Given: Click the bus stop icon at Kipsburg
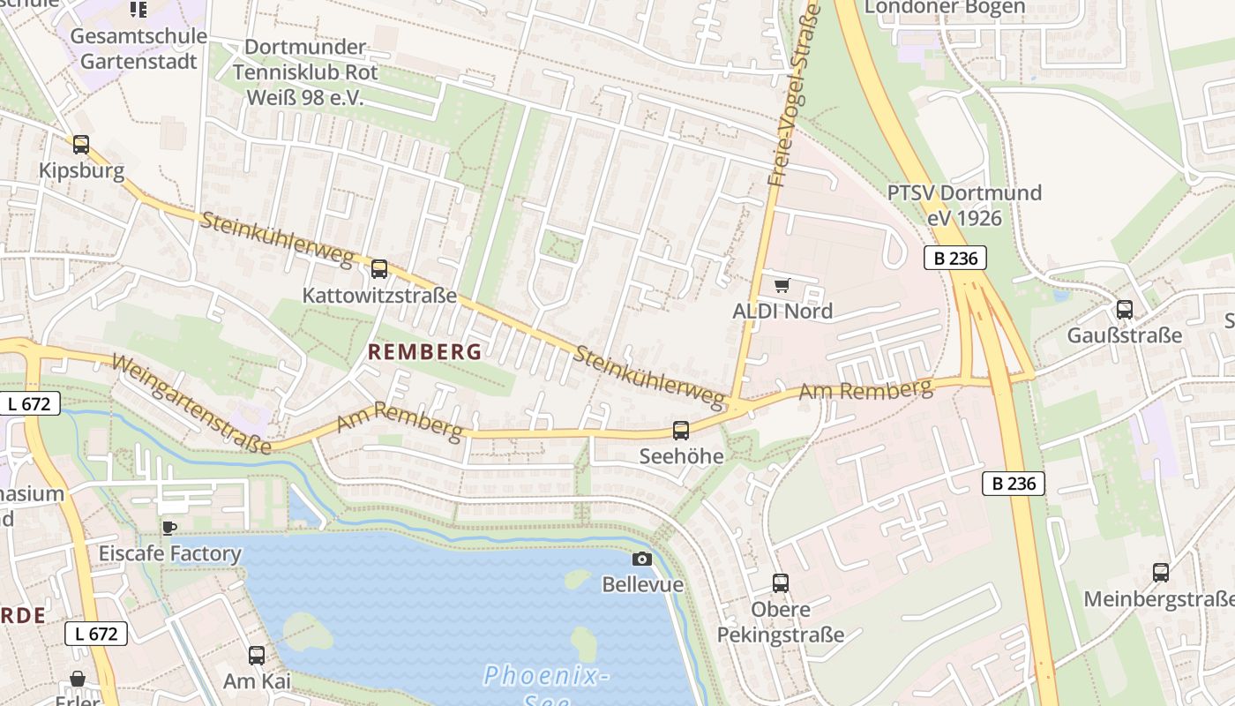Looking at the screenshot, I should coord(81,144).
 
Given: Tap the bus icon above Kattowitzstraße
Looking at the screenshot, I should coord(379,268).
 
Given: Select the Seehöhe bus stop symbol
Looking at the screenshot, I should coord(681,430).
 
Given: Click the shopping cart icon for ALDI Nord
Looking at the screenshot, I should coord(782,285).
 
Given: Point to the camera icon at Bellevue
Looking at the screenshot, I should coord(642,559).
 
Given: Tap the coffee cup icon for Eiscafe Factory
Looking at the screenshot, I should coord(168,528).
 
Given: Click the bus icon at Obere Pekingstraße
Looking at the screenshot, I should coord(781,582).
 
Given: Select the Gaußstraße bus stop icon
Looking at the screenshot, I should coord(1125,309).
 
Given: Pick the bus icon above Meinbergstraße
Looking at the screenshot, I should coord(1161,572).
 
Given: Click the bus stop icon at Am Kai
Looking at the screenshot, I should coord(257,655).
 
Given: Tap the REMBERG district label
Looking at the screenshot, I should coord(424,352).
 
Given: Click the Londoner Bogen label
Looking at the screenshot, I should coord(944,8).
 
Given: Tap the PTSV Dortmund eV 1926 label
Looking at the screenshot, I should coord(963,205).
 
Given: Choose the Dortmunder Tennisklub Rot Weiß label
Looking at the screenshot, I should coord(305,72).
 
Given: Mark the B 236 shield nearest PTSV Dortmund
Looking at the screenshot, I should coord(955,258).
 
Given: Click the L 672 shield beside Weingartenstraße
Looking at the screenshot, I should coord(30,403).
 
